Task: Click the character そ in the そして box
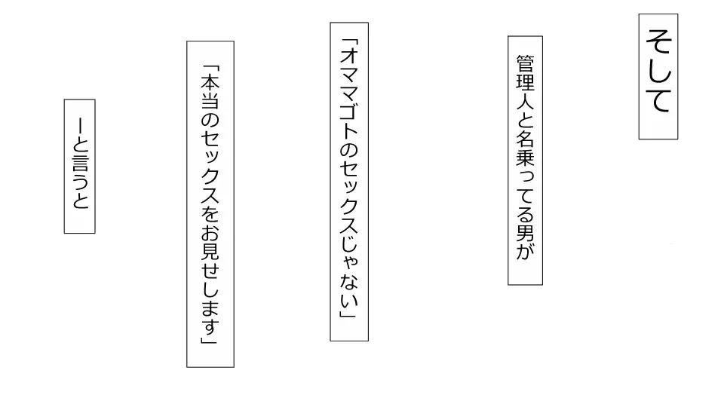tap(658, 42)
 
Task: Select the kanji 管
tap(526, 63)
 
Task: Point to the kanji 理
tap(526, 82)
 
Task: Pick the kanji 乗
tap(526, 158)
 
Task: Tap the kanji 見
tap(210, 251)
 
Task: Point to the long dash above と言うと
tap(80, 126)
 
